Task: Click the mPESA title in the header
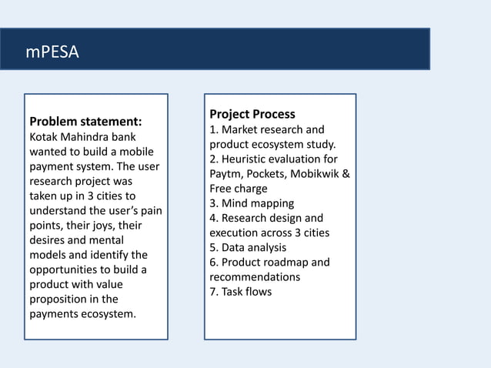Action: [52, 52]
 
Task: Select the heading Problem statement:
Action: [85, 122]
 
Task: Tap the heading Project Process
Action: [252, 114]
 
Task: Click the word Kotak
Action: [45, 137]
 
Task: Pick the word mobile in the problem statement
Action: [140, 152]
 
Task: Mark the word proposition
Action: [59, 299]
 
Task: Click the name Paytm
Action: [226, 174]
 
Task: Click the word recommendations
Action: [255, 277]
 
